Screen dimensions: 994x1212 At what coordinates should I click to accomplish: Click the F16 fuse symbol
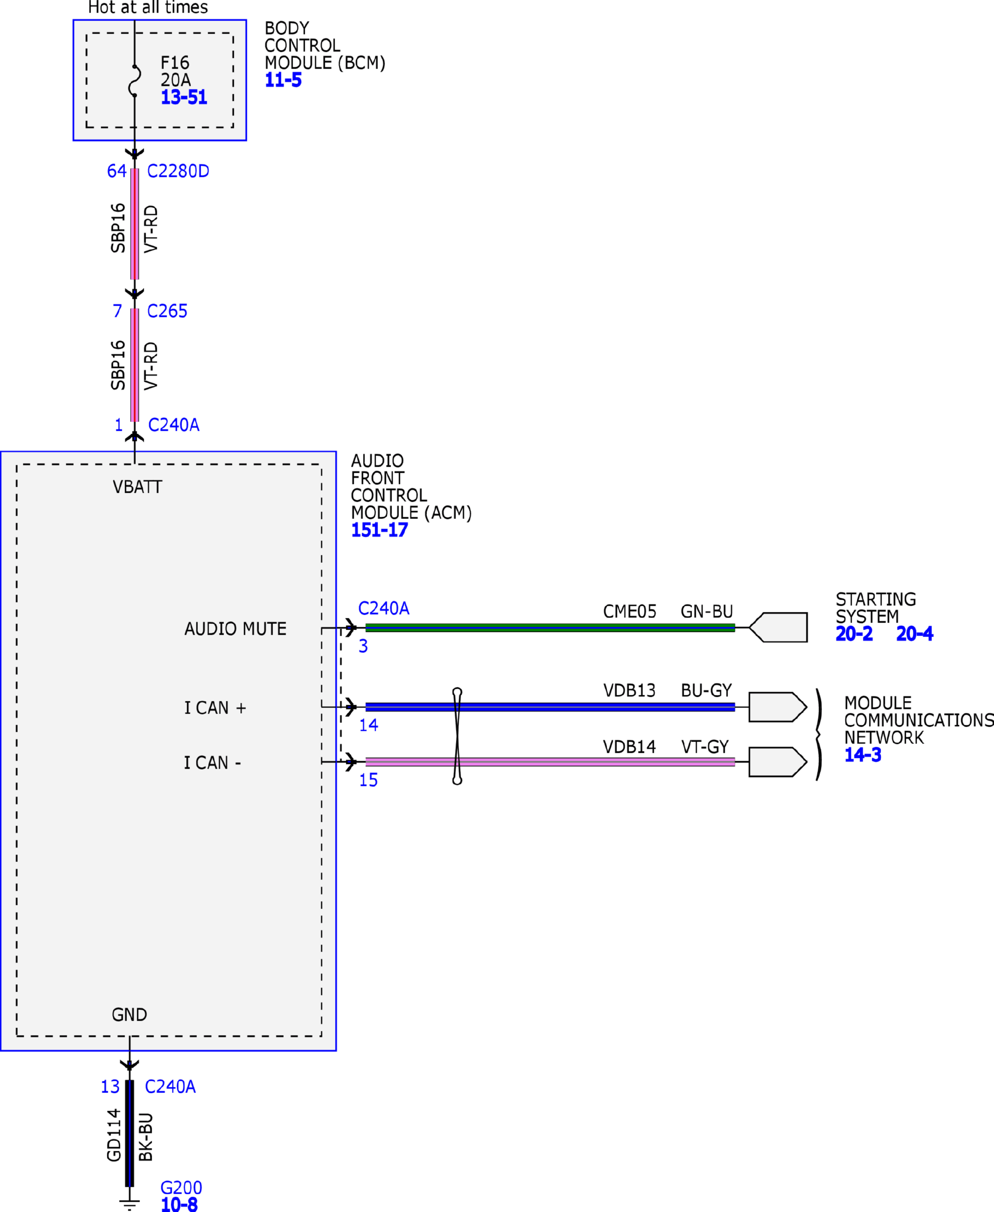[x=135, y=81]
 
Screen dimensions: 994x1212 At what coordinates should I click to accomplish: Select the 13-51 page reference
[x=184, y=98]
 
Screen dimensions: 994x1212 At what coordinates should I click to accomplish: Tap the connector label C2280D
[x=178, y=171]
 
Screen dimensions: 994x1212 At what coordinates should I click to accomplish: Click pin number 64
[x=117, y=171]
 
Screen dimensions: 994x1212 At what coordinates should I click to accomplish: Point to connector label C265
[x=167, y=311]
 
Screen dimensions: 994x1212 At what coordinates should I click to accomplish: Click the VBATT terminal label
[x=137, y=487]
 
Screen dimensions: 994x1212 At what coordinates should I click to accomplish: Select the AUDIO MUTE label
[x=235, y=629]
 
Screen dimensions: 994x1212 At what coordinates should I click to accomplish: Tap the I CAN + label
[x=215, y=708]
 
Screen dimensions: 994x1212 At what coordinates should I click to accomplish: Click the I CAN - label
[x=212, y=763]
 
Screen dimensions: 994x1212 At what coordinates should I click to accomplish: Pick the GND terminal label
[x=129, y=1015]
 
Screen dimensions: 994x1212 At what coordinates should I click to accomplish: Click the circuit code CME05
[x=630, y=612]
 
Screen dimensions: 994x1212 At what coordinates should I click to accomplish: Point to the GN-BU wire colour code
[x=707, y=612]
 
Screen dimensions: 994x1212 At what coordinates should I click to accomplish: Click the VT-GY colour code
[x=705, y=747]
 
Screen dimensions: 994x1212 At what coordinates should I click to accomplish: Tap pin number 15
[x=368, y=780]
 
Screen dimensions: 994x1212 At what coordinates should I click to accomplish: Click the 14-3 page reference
[x=863, y=755]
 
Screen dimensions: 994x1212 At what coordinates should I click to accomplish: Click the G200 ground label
[x=181, y=1188]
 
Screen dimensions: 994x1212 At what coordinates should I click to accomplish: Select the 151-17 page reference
[x=379, y=530]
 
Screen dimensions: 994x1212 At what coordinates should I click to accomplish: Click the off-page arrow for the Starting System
[x=778, y=628]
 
